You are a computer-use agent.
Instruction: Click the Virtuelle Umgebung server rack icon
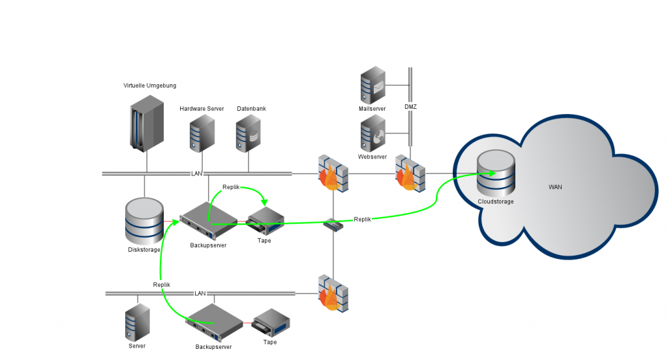click(x=146, y=123)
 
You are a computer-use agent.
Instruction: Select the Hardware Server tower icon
click(x=202, y=134)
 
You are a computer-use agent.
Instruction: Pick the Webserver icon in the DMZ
click(x=373, y=134)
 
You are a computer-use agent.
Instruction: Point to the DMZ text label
click(x=410, y=106)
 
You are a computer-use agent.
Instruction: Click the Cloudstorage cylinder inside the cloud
click(x=495, y=173)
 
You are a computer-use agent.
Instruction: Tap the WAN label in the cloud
click(x=555, y=187)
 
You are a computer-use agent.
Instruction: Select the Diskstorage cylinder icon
click(x=144, y=220)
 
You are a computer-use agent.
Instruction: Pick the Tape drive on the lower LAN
click(x=270, y=323)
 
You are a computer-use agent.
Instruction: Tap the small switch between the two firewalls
click(x=333, y=225)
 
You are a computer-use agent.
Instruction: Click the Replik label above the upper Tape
click(x=231, y=187)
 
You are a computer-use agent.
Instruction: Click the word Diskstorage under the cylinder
click(x=144, y=250)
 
